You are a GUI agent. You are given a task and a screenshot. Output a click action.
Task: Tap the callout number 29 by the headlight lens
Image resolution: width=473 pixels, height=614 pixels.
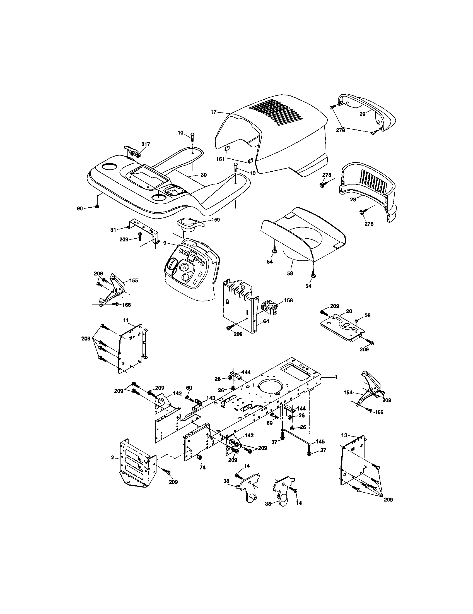pos(362,114)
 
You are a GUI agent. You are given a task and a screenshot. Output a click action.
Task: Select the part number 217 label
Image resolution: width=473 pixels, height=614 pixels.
pos(146,144)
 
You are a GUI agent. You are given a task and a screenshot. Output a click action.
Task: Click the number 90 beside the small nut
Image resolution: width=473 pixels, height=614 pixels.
pos(80,208)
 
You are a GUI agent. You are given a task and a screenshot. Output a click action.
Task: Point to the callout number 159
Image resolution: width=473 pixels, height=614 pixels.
pos(215,220)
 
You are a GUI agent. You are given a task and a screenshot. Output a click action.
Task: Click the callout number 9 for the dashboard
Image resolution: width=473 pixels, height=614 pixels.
pos(165,242)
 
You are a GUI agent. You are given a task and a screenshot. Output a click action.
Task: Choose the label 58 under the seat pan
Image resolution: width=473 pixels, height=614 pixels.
pos(290,273)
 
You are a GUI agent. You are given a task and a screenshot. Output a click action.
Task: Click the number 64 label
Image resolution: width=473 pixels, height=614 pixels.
pos(266,321)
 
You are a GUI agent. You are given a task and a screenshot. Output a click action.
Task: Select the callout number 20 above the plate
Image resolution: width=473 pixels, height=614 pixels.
pos(349,311)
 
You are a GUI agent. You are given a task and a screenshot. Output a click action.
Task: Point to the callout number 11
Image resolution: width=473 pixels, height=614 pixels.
pos(126,320)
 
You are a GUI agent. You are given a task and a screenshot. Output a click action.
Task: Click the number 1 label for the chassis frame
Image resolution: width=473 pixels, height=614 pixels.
pos(336,377)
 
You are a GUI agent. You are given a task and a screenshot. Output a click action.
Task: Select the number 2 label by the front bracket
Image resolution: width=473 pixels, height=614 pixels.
pos(112,458)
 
